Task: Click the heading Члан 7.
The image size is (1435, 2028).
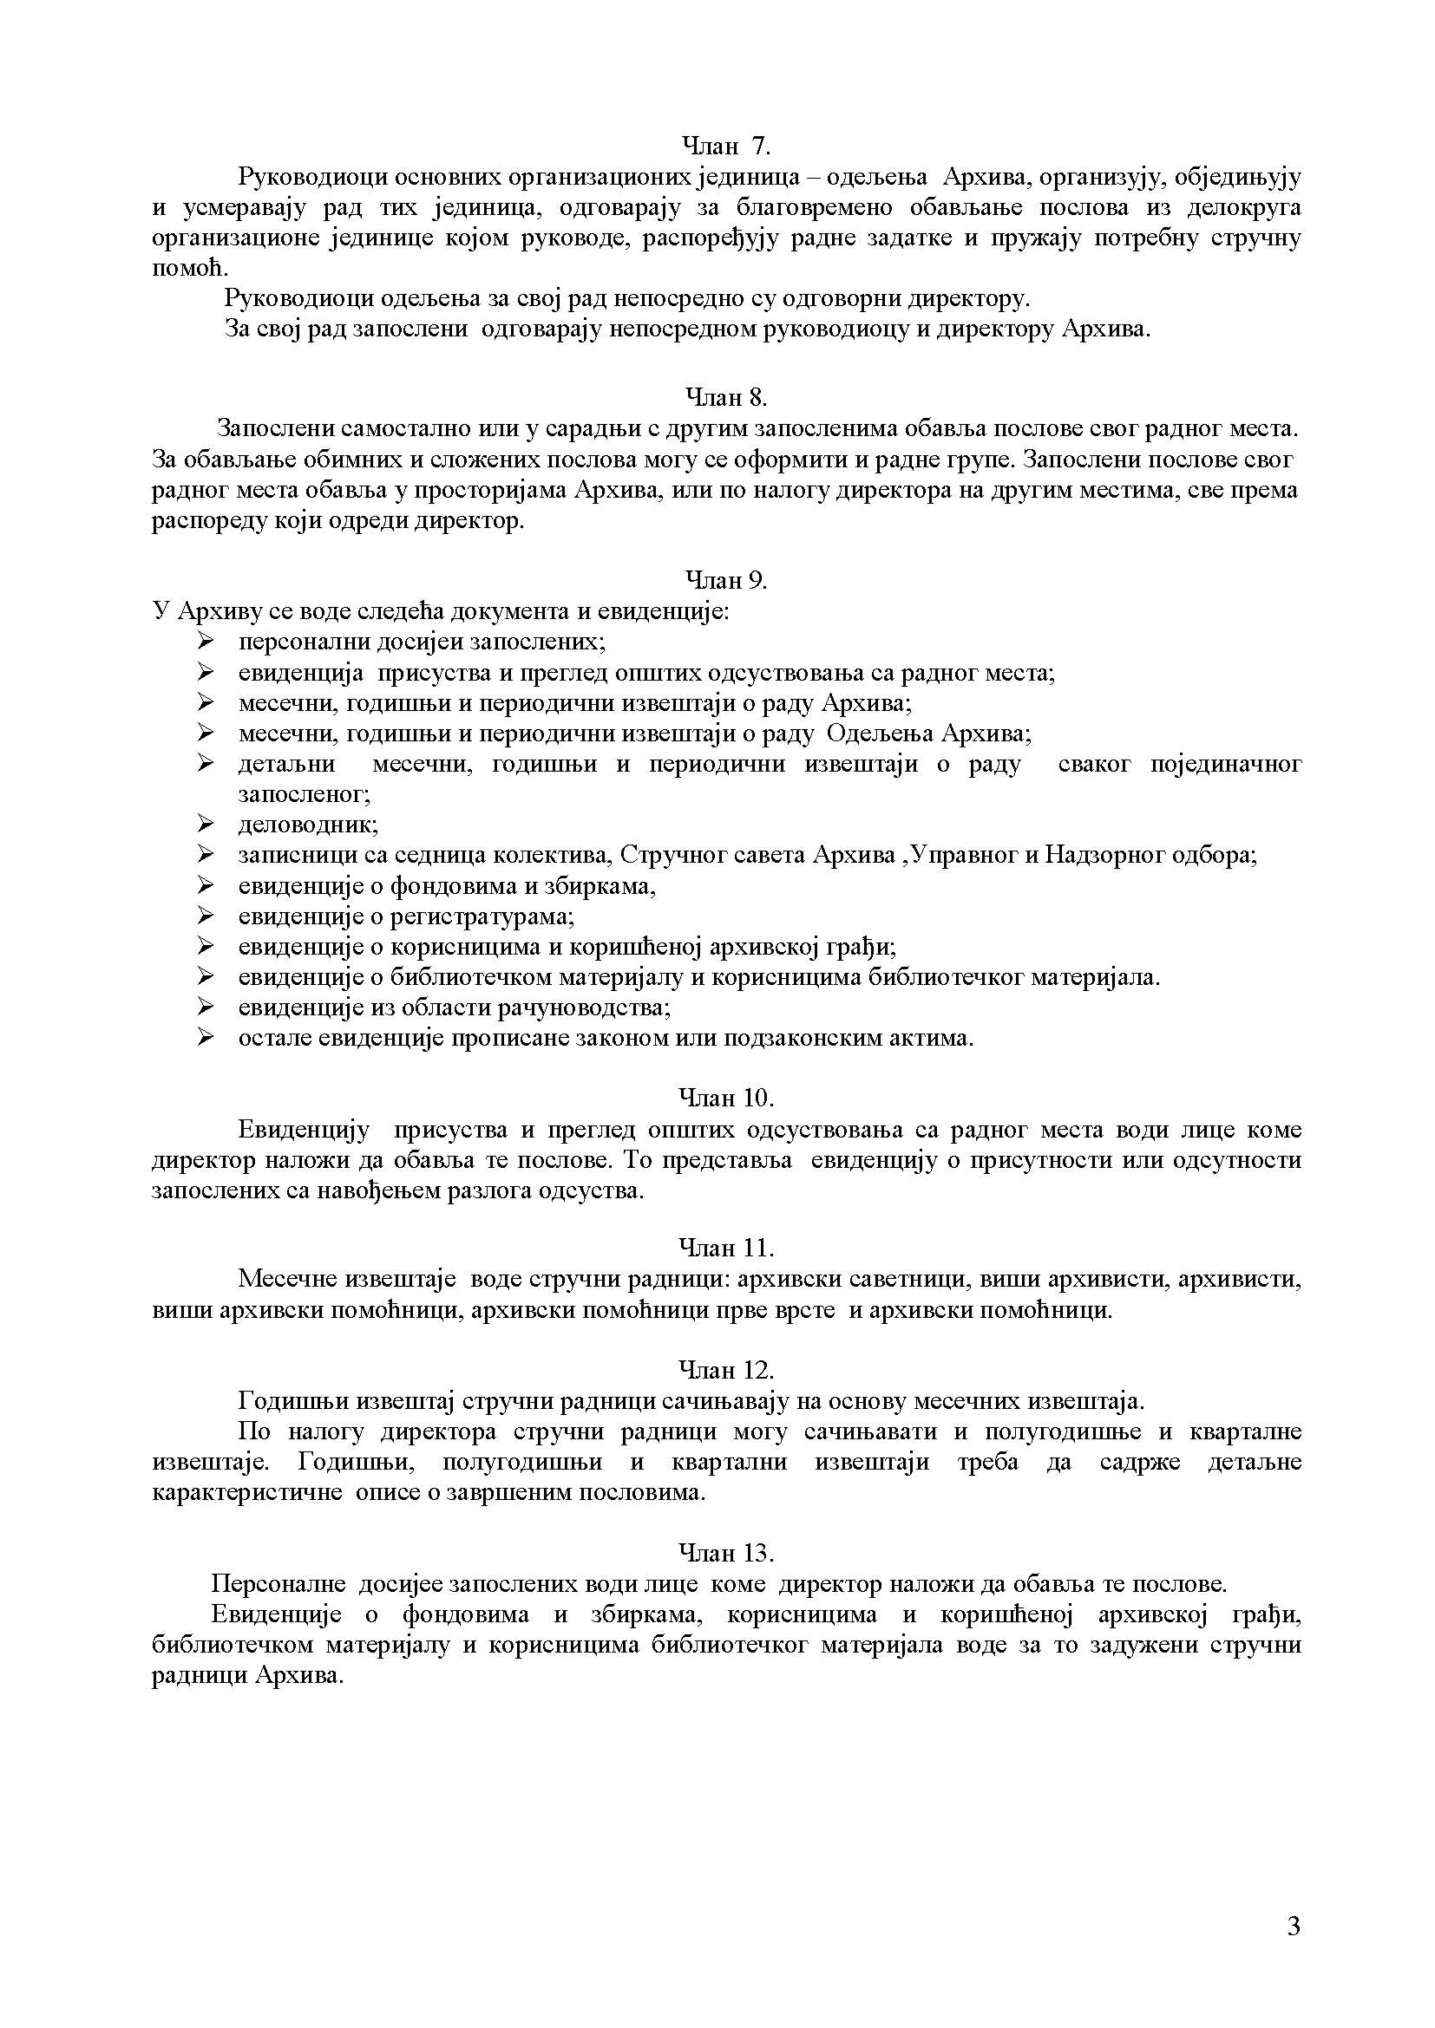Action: [726, 146]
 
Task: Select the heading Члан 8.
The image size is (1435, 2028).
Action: [726, 397]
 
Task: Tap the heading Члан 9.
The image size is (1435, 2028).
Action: [726, 580]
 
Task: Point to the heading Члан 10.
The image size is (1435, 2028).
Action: [726, 1098]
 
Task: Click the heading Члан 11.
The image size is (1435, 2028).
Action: [726, 1248]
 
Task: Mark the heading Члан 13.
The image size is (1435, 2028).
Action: [726, 1553]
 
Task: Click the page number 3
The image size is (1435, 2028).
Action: [1294, 1927]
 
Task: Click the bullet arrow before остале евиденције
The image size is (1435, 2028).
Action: [206, 1037]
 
